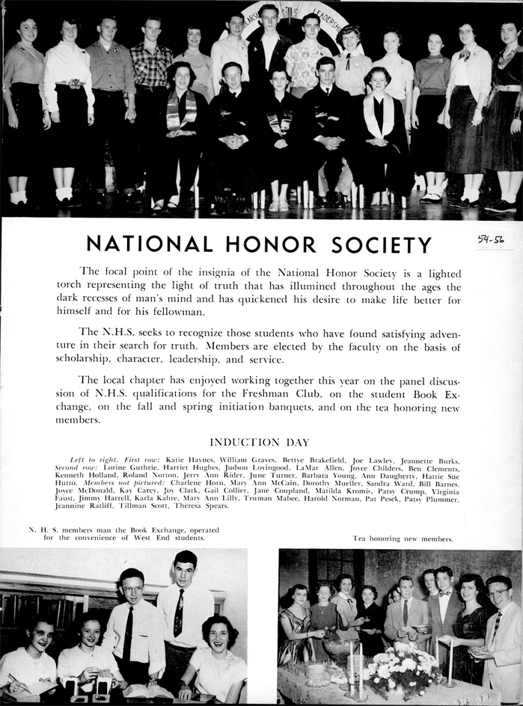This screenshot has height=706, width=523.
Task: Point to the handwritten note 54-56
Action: [x=490, y=241]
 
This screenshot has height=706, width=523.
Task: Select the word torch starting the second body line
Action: [x=73, y=286]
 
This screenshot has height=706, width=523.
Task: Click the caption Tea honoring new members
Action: [x=403, y=538]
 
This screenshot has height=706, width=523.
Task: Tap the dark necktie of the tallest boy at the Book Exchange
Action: [x=179, y=614]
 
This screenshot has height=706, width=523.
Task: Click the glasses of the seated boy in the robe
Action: [x=231, y=75]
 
